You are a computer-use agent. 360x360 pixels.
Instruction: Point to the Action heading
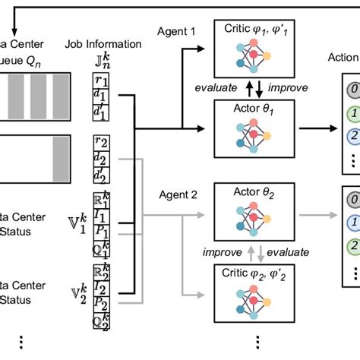click(x=343, y=57)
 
